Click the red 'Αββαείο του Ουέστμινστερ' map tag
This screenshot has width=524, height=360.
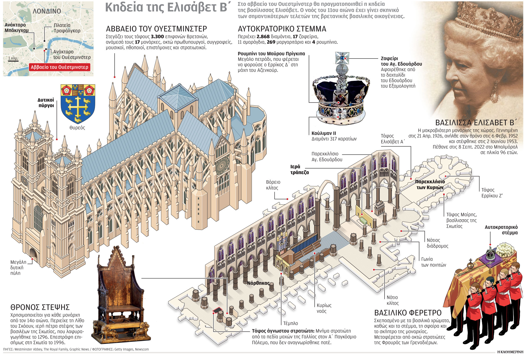(x=59, y=67)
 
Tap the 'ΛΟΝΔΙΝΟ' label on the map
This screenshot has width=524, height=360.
(x=47, y=11)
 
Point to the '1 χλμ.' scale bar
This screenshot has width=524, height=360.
(x=13, y=59)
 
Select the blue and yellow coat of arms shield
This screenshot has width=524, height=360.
(x=78, y=104)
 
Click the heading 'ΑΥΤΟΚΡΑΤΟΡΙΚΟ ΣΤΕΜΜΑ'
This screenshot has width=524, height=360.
(x=282, y=29)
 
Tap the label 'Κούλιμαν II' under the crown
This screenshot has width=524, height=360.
(x=324, y=133)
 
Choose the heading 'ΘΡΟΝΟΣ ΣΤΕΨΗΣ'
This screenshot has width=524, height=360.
(x=40, y=307)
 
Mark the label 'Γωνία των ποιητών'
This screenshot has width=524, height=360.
(x=433, y=262)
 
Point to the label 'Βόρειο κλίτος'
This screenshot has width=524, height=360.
(x=273, y=185)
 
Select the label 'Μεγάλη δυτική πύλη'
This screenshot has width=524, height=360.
(x=18, y=267)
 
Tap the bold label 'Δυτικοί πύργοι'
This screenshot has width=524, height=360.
(x=46, y=103)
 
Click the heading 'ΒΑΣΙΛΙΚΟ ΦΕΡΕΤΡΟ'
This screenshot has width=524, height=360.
(x=408, y=313)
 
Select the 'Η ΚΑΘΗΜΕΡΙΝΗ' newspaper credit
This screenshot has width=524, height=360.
(x=510, y=352)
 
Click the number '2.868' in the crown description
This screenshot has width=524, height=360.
(x=263, y=37)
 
